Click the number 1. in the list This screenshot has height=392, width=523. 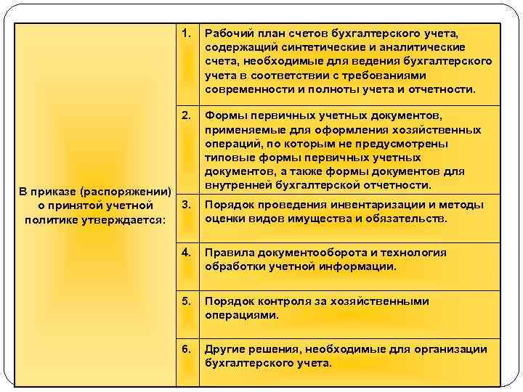[187, 33]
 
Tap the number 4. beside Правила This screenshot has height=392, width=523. [187, 253]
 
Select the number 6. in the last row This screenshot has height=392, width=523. [187, 349]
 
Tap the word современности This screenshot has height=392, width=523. [246, 89]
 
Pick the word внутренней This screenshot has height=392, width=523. [237, 184]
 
